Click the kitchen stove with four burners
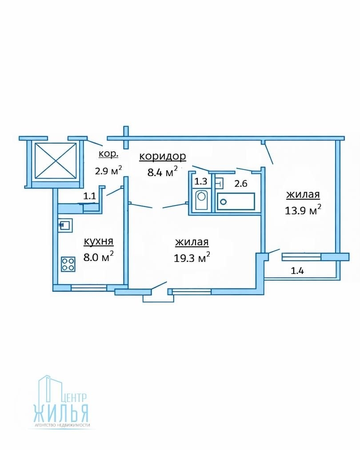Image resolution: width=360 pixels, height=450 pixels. (x=68, y=264)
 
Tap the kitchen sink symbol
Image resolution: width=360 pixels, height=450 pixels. (x=65, y=225)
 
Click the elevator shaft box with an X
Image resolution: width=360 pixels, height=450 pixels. (x=56, y=161)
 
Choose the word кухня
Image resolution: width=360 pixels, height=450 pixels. (x=98, y=241)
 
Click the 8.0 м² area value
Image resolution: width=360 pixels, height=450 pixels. (x=98, y=257)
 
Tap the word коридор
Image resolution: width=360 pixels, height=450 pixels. (x=163, y=157)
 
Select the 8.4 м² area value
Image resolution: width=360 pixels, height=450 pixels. (x=162, y=172)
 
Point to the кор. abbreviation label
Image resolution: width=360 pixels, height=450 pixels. (x=108, y=154)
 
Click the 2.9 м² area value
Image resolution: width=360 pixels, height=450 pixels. (x=108, y=170)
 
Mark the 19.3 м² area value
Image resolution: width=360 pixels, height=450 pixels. (x=192, y=257)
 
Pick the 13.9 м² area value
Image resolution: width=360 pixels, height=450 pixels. (x=303, y=210)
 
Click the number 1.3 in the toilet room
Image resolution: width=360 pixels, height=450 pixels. (x=201, y=181)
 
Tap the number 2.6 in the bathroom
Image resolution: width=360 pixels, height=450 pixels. (x=241, y=183)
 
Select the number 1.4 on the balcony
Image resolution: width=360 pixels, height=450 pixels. (x=297, y=271)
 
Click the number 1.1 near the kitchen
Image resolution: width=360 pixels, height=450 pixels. (x=89, y=196)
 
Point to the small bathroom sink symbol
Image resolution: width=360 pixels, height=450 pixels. (x=219, y=183)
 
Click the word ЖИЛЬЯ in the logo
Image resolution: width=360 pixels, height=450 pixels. (x=61, y=412)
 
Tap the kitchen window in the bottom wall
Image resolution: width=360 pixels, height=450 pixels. (x=89, y=288)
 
